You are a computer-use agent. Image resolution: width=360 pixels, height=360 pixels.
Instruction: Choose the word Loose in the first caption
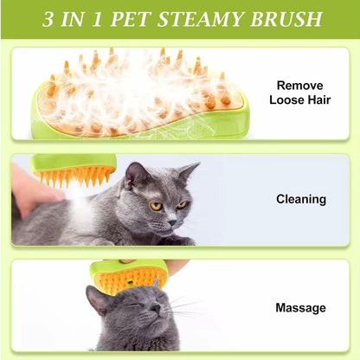tap(286, 100)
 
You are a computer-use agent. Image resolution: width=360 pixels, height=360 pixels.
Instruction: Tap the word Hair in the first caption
tap(318, 100)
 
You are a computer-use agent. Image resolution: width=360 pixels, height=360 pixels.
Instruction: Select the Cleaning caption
tap(301, 199)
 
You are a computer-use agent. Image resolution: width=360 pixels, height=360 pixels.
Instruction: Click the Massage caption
tap(301, 307)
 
